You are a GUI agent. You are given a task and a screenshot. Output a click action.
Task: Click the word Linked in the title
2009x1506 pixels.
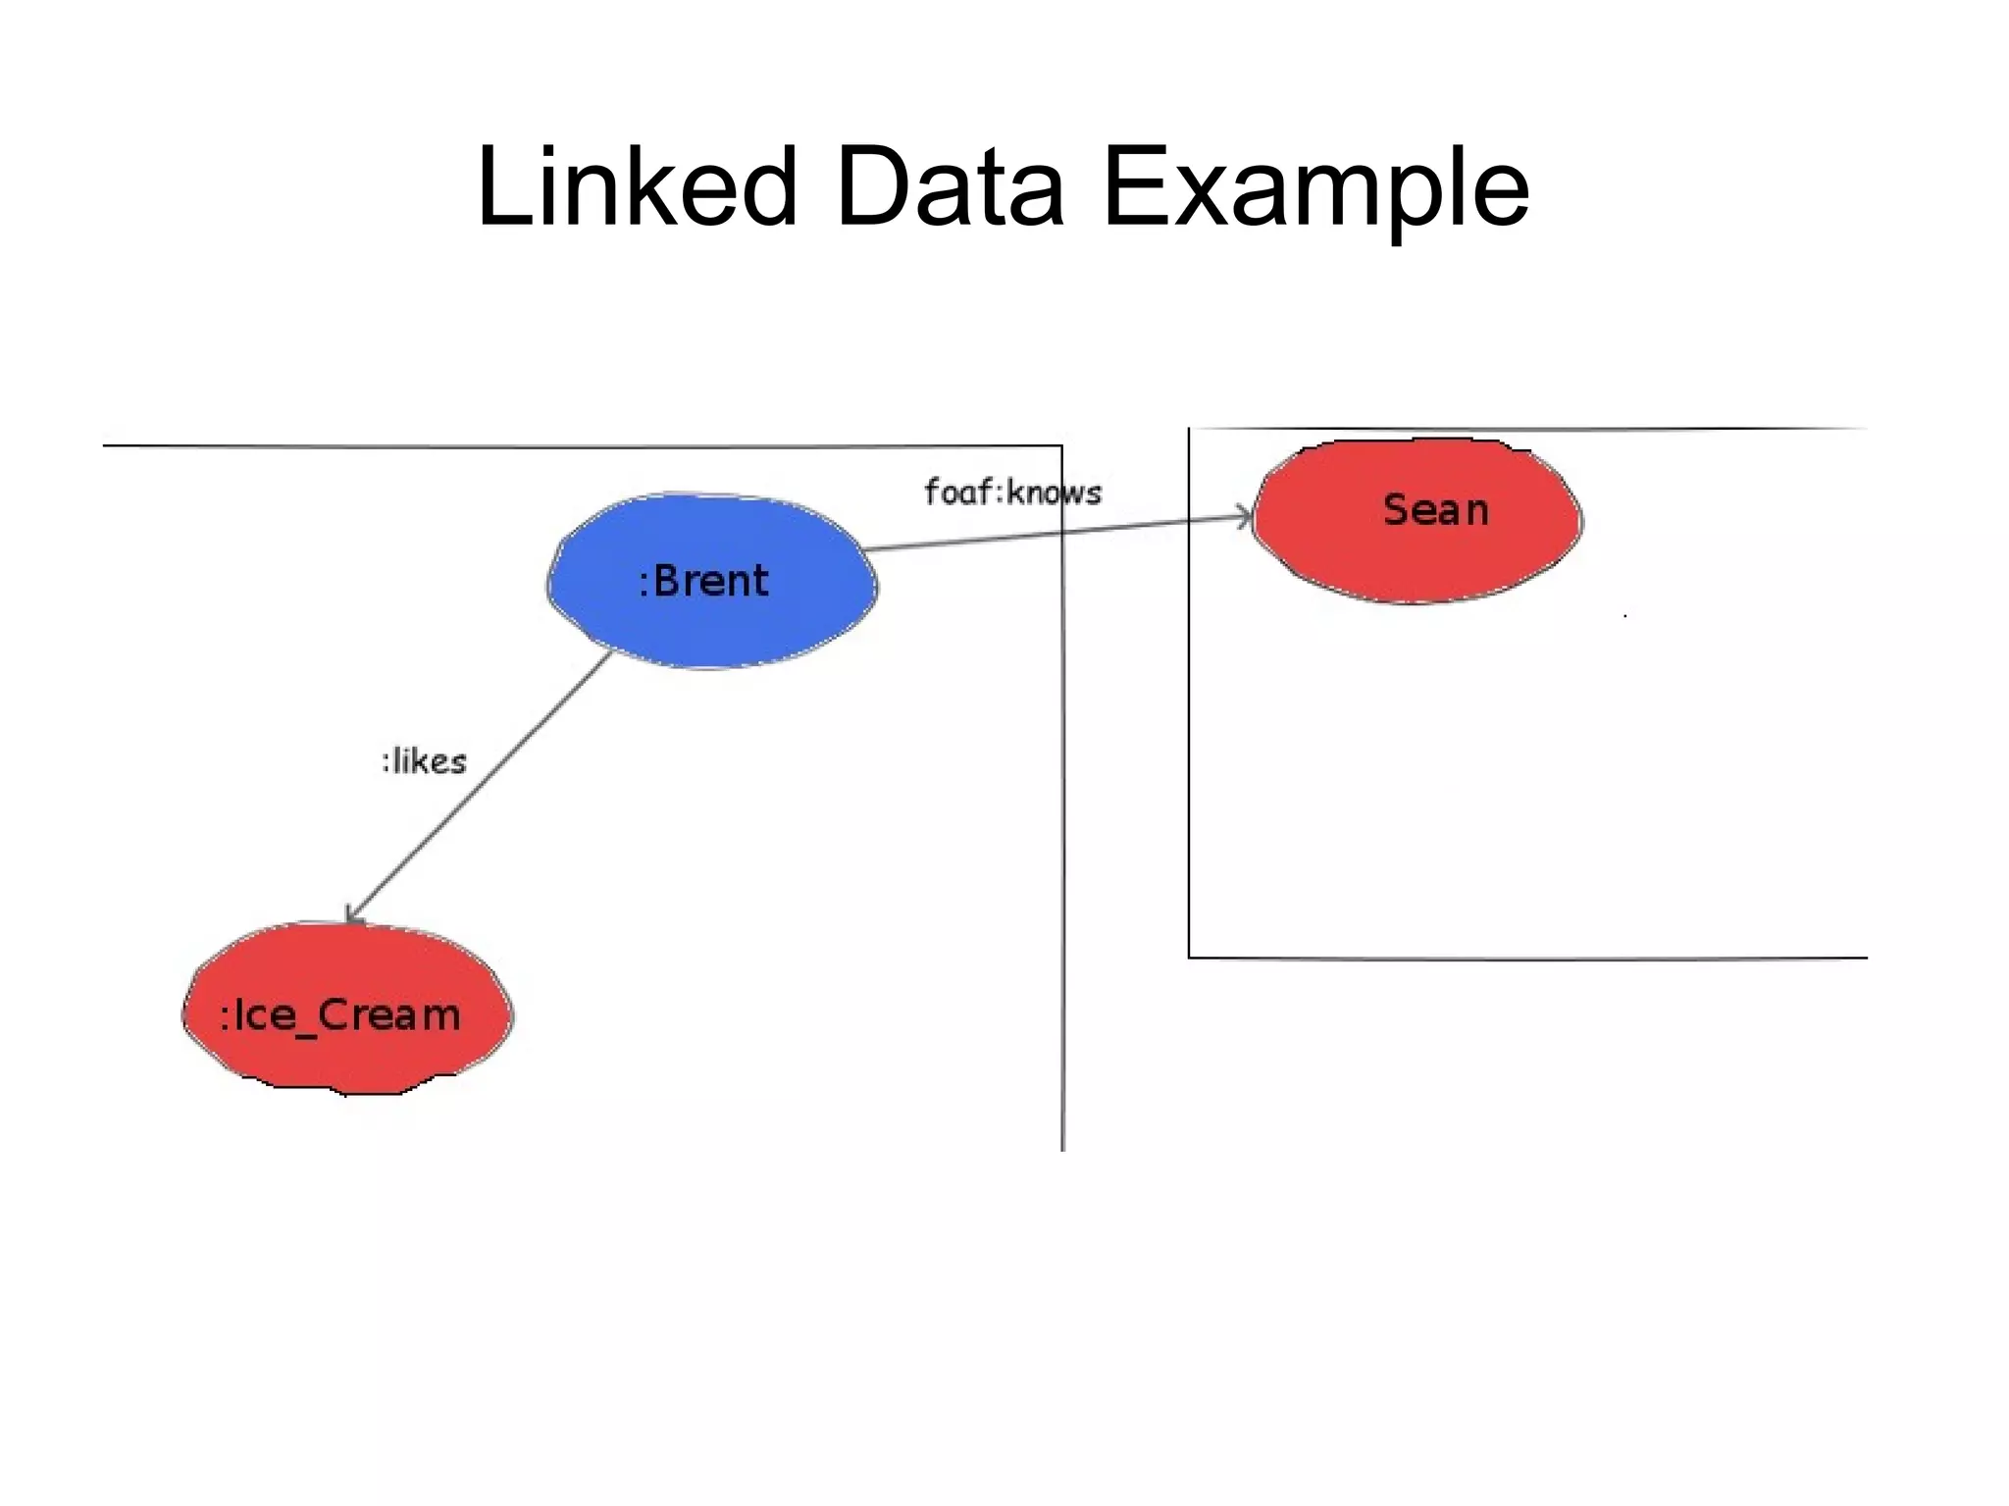(636, 186)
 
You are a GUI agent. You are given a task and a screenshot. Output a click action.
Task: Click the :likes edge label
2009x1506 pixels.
(424, 761)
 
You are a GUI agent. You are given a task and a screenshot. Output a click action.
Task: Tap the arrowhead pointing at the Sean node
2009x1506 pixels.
(1245, 517)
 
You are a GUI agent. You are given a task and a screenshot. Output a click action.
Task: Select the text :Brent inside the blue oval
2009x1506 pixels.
(703, 581)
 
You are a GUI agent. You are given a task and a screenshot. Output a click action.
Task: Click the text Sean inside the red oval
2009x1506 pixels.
(1435, 510)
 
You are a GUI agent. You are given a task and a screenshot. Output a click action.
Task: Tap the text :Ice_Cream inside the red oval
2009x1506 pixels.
(339, 1015)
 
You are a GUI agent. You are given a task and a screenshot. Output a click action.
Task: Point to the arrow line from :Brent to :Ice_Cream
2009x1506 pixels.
(481, 785)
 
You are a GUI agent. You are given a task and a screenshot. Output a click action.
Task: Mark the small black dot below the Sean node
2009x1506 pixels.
(1625, 616)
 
